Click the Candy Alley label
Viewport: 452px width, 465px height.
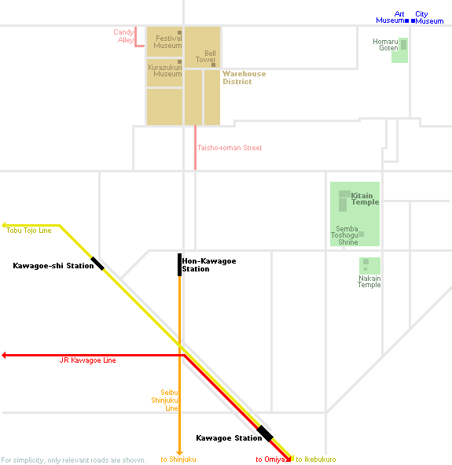click(124, 36)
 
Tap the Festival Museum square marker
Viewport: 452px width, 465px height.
click(179, 32)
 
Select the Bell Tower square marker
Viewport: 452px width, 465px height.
click(213, 65)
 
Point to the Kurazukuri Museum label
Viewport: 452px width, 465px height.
click(165, 71)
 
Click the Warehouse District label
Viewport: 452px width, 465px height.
click(244, 78)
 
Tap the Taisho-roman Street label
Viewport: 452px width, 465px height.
click(230, 148)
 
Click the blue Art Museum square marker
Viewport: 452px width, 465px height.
click(406, 20)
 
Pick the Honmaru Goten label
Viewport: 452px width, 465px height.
click(385, 45)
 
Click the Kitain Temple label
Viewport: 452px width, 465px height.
click(365, 199)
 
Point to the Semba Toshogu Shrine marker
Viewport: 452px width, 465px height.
click(361, 234)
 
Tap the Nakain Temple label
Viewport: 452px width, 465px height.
click(369, 282)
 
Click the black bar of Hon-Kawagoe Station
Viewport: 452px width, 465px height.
click(179, 265)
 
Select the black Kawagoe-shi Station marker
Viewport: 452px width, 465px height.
click(97, 264)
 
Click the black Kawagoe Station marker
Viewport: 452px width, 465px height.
click(265, 434)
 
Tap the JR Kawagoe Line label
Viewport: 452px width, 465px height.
click(88, 360)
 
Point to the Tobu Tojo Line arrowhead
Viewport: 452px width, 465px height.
click(4, 225)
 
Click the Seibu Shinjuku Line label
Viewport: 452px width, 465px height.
click(165, 400)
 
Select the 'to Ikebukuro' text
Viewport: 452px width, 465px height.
click(316, 459)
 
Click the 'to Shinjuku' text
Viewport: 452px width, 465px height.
click(178, 459)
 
